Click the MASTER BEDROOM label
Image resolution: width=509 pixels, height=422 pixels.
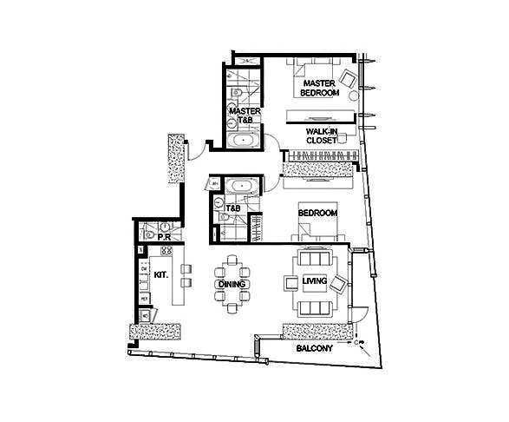(x=319, y=88)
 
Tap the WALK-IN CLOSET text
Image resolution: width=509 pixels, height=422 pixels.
(x=322, y=136)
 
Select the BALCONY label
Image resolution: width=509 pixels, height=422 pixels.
(x=314, y=348)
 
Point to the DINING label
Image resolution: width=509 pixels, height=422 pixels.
(x=232, y=284)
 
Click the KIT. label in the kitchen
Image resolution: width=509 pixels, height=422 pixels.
(x=161, y=275)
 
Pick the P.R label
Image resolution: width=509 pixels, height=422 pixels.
(x=164, y=238)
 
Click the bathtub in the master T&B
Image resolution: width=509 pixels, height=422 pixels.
(x=243, y=141)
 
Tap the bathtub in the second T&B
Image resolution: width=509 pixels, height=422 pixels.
(x=242, y=186)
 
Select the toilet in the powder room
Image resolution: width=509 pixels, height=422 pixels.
(x=149, y=234)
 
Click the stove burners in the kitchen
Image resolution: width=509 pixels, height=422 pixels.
(x=166, y=251)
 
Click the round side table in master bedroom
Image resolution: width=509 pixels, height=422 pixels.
(x=354, y=96)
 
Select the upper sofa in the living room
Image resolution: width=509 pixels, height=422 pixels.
(x=314, y=257)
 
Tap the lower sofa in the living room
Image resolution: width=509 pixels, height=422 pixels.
(x=315, y=308)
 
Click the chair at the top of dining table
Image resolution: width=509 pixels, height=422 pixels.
(x=232, y=260)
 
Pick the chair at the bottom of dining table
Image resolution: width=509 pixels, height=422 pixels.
(x=232, y=308)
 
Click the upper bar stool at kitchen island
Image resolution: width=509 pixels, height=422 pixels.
(x=186, y=269)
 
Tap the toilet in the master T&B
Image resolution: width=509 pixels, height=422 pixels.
(x=237, y=93)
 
